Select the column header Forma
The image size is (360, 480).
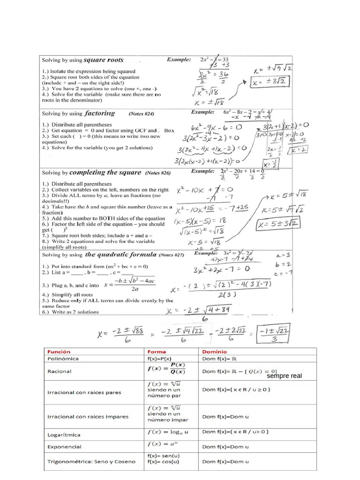coord(157,351)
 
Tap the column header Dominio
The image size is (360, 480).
coord(214,351)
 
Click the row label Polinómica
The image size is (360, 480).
coord(63,359)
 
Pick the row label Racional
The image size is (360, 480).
coord(60,371)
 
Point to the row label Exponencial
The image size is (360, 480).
coord(64,447)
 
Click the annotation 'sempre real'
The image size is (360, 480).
coord(285,376)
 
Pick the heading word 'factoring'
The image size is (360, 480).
coord(100,113)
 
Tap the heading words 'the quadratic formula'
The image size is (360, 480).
coord(120,255)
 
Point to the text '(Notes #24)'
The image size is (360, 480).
coord(141,113)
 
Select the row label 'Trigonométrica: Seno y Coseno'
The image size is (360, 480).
coord(91,461)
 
